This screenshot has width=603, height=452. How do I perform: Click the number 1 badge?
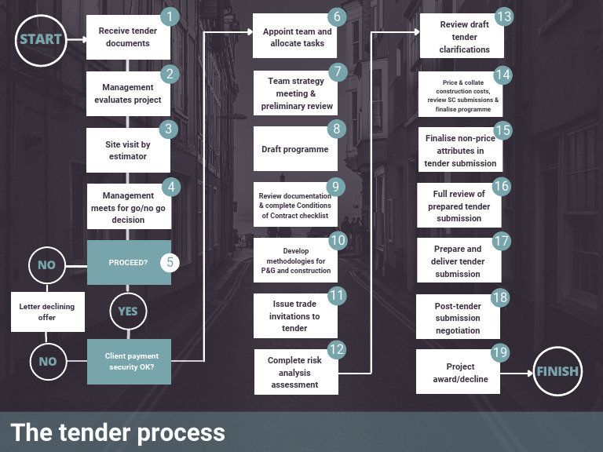170,16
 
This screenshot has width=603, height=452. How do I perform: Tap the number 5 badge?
170,262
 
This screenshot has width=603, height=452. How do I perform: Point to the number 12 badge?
337,349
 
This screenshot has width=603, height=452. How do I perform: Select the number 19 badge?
500,352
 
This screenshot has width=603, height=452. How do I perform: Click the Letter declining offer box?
48,312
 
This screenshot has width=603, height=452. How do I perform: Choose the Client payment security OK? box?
130,361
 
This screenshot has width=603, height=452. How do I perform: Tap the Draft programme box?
295,149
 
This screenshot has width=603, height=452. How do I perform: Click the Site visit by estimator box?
128,151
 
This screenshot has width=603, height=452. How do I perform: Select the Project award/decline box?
458,372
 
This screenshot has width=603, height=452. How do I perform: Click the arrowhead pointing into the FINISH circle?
530,373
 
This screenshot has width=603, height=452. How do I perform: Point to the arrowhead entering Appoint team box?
250,32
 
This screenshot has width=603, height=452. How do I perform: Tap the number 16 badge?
502,187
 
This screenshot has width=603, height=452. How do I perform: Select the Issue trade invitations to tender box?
295,316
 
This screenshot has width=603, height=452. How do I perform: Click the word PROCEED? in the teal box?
128,263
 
